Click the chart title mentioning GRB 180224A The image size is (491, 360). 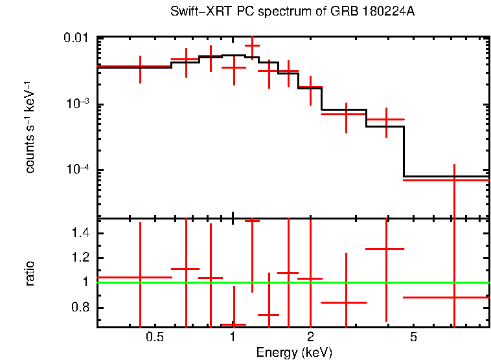[293, 13]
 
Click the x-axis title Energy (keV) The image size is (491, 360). [293, 353]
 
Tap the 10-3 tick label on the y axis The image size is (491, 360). [78, 104]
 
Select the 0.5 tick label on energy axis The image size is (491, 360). [154, 337]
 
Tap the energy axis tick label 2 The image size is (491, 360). [311, 337]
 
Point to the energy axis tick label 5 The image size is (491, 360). [413, 337]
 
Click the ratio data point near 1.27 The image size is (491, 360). [385, 249]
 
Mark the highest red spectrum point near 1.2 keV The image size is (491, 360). [252, 46]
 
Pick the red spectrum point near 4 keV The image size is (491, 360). [385, 119]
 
